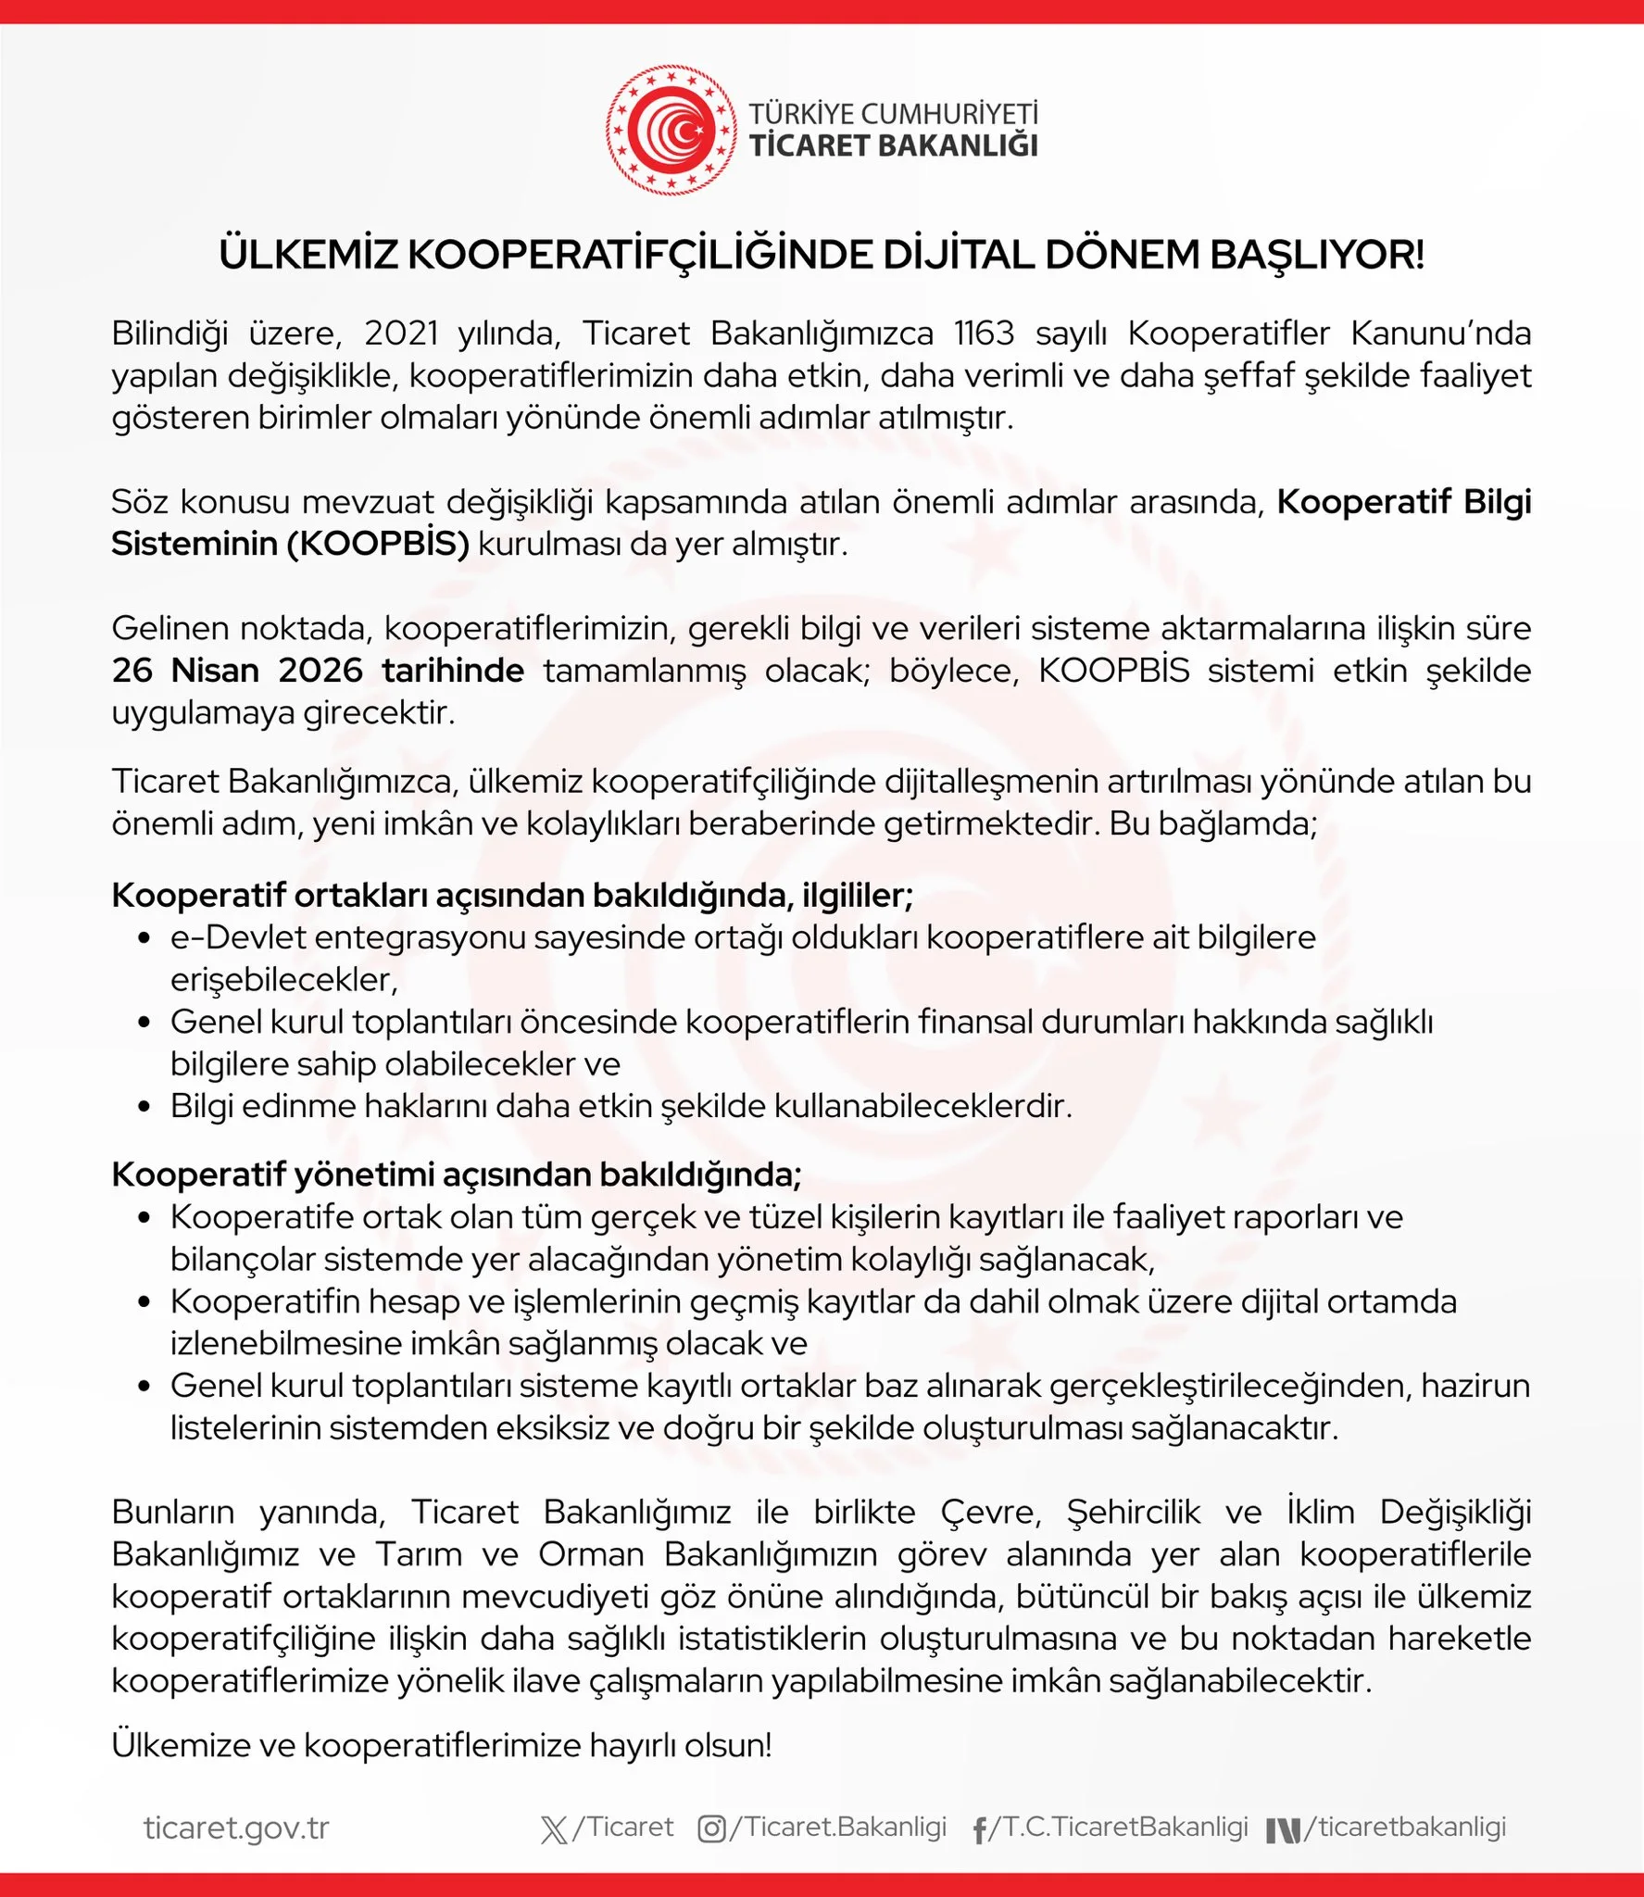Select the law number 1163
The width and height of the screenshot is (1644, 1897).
pos(984,333)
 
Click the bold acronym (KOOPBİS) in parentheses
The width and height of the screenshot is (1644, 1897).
pos(378,544)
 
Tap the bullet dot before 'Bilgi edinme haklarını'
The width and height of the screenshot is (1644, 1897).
pos(144,1107)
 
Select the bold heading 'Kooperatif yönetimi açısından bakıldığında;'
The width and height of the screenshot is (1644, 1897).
pos(457,1175)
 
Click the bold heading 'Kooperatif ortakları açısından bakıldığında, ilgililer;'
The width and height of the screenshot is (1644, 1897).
pos(512,896)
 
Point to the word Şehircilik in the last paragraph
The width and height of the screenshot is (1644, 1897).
pos(1133,1512)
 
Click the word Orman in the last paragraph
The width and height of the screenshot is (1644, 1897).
pos(591,1554)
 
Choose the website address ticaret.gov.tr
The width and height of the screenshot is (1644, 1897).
pos(236,1828)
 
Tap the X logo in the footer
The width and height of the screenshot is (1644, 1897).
pos(554,1829)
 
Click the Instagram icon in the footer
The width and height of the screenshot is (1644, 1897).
pos(711,1829)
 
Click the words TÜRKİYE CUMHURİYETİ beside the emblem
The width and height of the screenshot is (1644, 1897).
pos(893,114)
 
